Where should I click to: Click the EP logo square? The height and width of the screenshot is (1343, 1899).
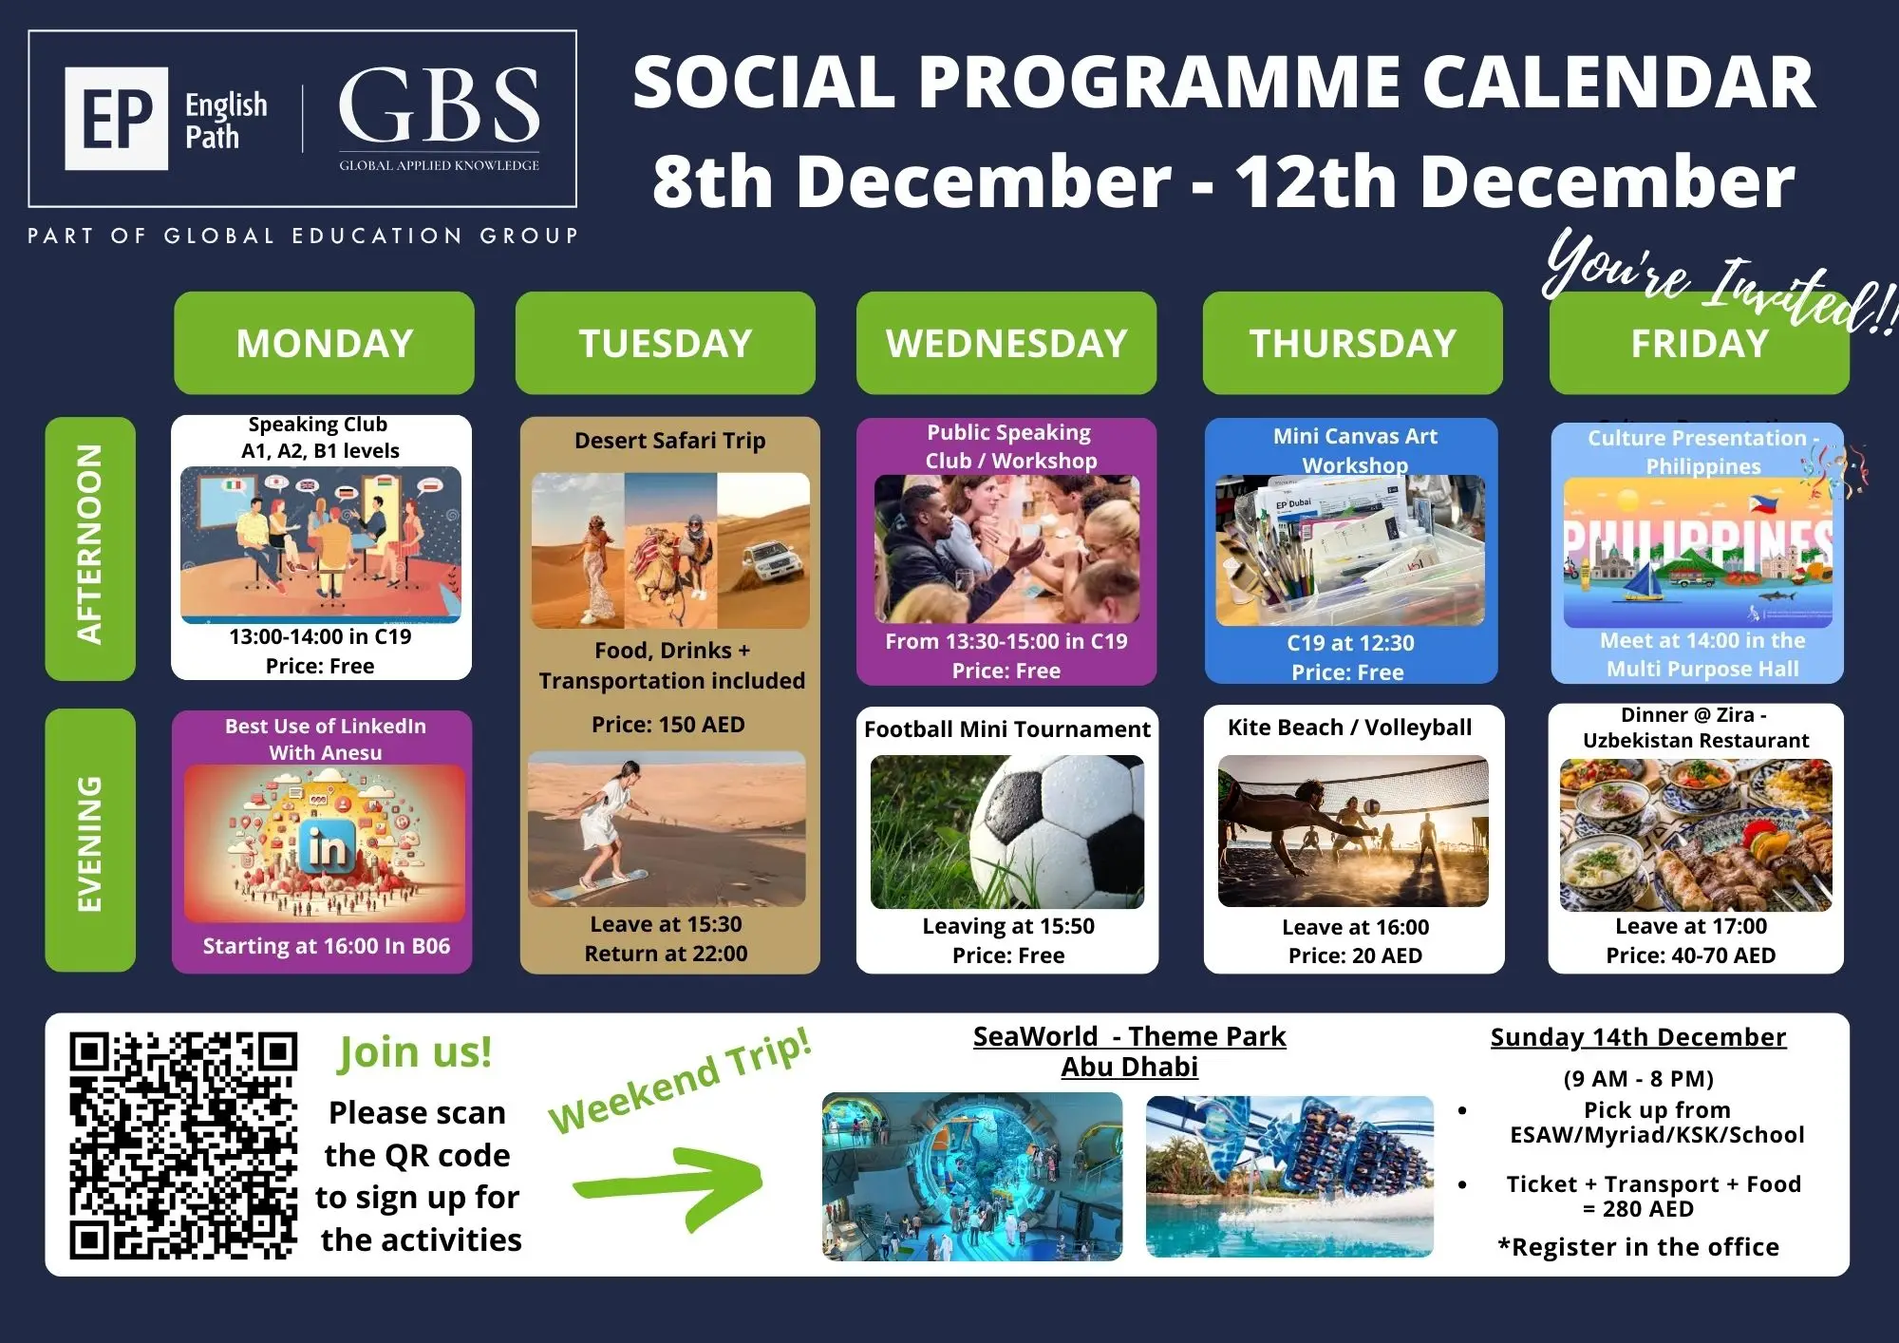[116, 119]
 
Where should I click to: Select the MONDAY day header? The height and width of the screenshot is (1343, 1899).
[324, 343]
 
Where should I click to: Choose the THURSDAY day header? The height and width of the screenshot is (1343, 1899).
[1352, 343]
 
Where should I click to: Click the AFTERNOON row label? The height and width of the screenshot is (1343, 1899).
[90, 548]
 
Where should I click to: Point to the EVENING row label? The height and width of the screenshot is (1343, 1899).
[90, 840]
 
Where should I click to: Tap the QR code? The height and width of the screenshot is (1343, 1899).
[182, 1145]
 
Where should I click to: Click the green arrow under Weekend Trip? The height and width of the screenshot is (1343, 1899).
[669, 1184]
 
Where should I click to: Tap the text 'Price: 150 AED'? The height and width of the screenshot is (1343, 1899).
[668, 725]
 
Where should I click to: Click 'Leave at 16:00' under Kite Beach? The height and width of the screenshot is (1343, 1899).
[1355, 927]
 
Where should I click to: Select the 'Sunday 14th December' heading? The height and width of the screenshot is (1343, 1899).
[1638, 1037]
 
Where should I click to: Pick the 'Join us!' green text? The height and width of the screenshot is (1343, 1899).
[415, 1052]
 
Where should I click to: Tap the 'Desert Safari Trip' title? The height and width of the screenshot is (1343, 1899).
[669, 441]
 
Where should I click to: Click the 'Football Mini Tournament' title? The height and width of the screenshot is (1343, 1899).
[1007, 729]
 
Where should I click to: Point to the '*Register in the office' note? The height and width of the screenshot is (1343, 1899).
[1639, 1247]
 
